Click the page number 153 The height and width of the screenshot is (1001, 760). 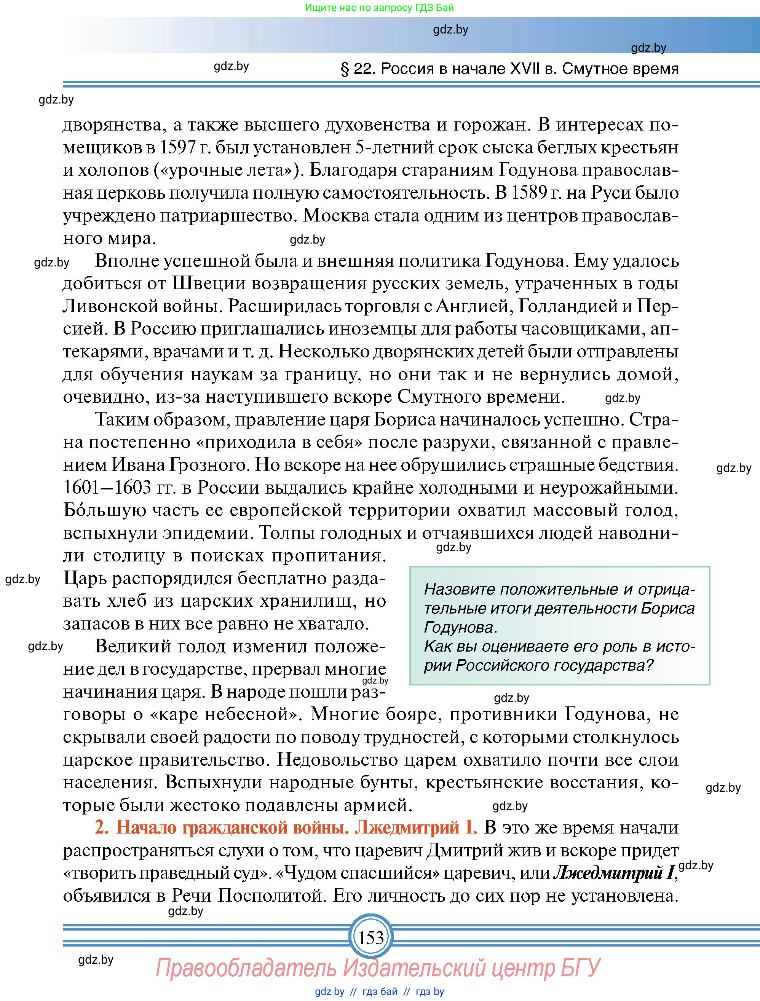[x=371, y=937]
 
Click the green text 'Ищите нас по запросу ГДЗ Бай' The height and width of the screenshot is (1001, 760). [x=379, y=8]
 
